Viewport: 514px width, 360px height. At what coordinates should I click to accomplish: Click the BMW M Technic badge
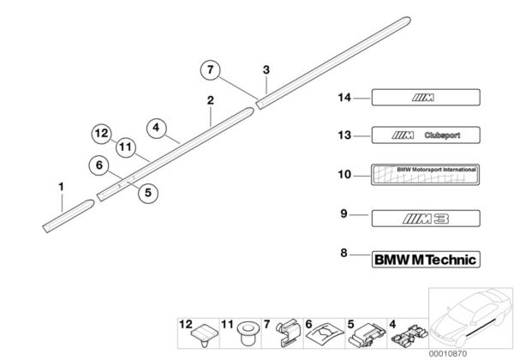(425, 258)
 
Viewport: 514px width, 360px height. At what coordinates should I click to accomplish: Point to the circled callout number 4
(156, 128)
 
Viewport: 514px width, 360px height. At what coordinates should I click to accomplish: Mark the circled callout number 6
(99, 166)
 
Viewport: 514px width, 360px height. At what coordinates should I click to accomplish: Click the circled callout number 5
(146, 193)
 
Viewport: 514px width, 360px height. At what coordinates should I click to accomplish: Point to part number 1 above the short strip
(61, 186)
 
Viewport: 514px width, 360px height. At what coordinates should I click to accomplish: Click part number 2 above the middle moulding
(210, 101)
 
